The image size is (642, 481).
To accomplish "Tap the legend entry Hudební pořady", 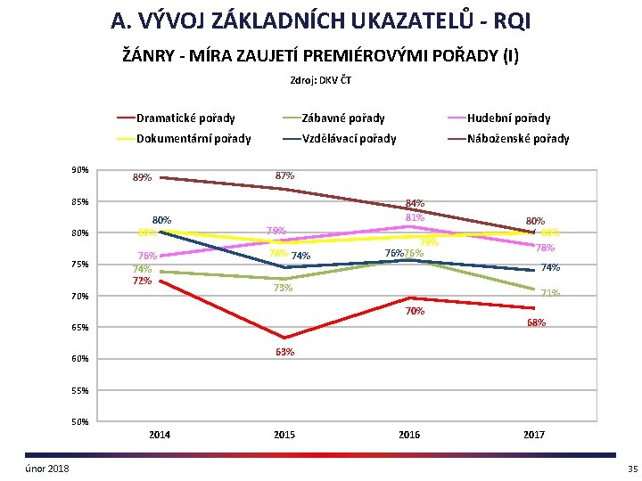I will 509,118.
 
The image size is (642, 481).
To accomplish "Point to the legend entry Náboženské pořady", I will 518,138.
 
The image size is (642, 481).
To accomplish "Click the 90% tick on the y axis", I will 79,170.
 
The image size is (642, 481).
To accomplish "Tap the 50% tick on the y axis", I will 79,421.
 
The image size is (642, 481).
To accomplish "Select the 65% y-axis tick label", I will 79,328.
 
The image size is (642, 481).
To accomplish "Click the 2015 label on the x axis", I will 284,435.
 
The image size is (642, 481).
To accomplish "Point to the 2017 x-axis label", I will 534,435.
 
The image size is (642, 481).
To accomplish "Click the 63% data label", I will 284,352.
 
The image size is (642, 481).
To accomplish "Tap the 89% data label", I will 142,177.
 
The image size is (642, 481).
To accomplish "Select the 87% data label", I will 285,175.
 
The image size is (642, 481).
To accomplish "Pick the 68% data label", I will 537,322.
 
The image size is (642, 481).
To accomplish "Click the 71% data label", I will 550,293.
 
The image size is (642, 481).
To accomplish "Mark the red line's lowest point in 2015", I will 284,338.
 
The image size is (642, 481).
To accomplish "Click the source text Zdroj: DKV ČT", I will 320,81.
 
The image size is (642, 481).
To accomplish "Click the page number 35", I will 632,469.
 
